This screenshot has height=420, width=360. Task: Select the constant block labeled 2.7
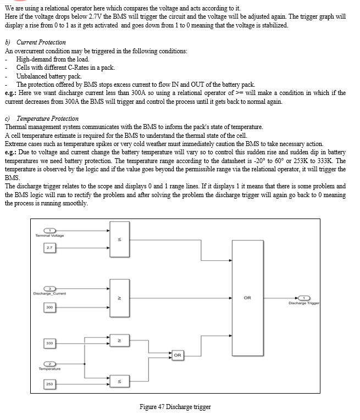[49, 248]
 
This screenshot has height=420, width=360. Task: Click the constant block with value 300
[49, 307]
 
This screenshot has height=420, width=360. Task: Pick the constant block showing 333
[49, 343]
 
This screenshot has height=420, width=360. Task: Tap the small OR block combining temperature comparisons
[178, 355]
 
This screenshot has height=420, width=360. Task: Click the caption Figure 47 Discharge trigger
[175, 407]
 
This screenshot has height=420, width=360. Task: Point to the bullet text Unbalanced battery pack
[49, 76]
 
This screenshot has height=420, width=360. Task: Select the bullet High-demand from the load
[53, 59]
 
